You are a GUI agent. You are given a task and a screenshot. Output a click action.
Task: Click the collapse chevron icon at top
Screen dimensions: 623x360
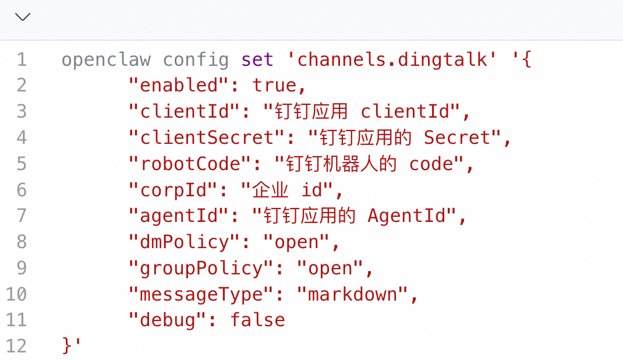tap(23, 17)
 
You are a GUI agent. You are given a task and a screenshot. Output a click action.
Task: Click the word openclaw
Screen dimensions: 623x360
tap(106, 59)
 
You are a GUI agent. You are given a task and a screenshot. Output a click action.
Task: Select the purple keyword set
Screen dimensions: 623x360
tap(257, 59)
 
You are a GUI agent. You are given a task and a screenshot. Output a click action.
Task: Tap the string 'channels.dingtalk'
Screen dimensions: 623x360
tap(391, 59)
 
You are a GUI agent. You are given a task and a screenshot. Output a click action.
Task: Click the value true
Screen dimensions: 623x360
tap(274, 86)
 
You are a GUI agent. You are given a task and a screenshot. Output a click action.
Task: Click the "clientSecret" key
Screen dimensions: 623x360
tap(207, 137)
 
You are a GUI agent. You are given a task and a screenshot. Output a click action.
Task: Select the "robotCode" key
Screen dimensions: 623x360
tap(190, 164)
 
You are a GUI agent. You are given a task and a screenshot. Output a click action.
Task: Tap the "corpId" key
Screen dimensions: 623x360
tap(173, 190)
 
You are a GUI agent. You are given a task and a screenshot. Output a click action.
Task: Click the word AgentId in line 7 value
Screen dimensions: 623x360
tap(406, 216)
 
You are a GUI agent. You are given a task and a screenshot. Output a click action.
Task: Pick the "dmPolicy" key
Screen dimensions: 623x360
tap(184, 242)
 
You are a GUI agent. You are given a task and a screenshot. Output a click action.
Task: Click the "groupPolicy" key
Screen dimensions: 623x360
tap(201, 268)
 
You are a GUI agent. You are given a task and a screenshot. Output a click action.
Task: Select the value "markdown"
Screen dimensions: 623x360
tap(352, 294)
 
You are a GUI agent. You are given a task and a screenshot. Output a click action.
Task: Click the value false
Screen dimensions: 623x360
tap(258, 320)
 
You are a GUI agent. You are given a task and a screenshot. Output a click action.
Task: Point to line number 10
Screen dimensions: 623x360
tap(16, 294)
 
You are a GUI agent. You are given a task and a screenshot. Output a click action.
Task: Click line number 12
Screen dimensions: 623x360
tap(16, 346)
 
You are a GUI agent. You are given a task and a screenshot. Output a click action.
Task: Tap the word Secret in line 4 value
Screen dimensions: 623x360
tap(457, 137)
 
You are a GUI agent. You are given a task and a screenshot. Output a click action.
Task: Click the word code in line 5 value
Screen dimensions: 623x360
tap(431, 164)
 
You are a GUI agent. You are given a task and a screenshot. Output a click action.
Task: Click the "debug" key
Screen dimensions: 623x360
tap(167, 320)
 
